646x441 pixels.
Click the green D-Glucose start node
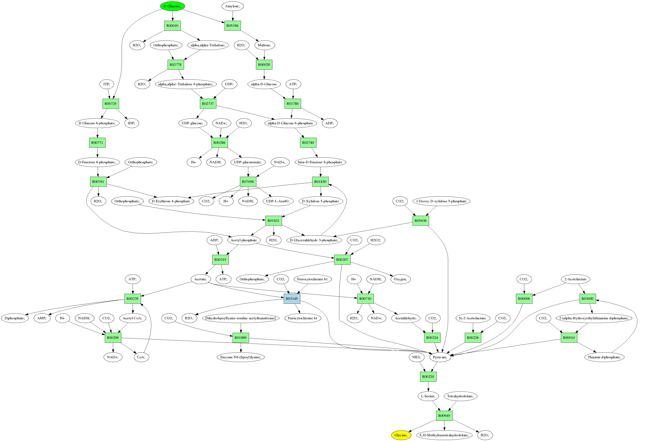pyautogui.click(x=172, y=6)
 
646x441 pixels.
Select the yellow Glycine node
pyautogui.click(x=401, y=435)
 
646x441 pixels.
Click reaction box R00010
pyautogui.click(x=172, y=26)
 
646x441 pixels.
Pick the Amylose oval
pyautogui.click(x=232, y=6)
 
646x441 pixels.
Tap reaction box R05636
pyautogui.click(x=421, y=221)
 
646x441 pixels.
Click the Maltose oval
pyautogui.click(x=264, y=45)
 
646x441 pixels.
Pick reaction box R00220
pyautogui.click(x=428, y=377)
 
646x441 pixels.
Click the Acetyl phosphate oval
pyautogui.click(x=244, y=240)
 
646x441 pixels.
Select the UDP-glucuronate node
pyautogui.click(x=248, y=162)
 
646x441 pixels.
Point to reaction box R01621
pyautogui.click(x=273, y=221)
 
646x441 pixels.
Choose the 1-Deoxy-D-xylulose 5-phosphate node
pyautogui.click(x=441, y=201)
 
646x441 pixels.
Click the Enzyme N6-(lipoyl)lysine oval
pyautogui.click(x=241, y=357)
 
